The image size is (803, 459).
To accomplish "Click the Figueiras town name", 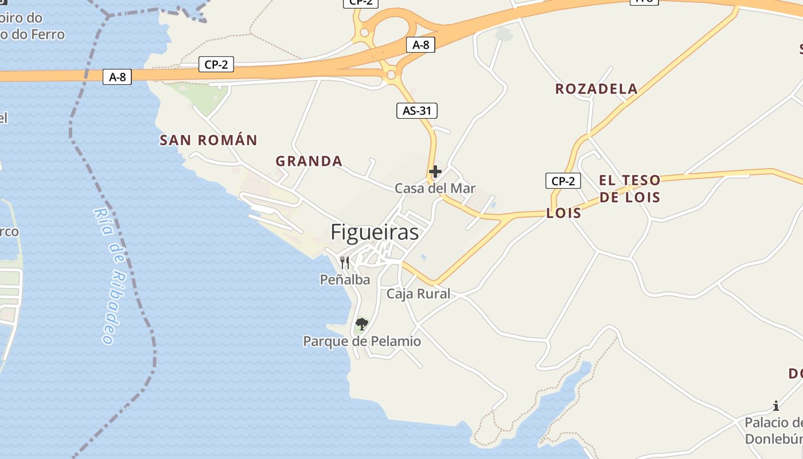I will [x=375, y=232].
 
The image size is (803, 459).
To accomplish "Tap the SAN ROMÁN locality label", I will [x=208, y=140].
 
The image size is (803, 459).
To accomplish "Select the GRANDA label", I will [x=309, y=161].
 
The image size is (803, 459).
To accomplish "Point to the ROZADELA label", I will [x=596, y=89].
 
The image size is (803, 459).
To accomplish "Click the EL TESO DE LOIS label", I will [x=630, y=189].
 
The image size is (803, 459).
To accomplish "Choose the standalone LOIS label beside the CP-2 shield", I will [x=563, y=213].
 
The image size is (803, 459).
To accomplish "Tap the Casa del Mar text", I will [x=435, y=188].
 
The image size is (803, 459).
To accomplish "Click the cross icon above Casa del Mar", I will [x=435, y=171].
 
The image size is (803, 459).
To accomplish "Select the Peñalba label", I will [x=345, y=279].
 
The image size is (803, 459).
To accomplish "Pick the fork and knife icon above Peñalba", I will [x=345, y=263].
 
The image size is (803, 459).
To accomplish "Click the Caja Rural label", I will [x=418, y=294].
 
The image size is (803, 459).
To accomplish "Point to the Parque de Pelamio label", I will [x=362, y=341].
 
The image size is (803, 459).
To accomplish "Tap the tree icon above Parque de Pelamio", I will [x=361, y=324].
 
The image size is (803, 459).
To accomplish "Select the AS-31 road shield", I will [x=417, y=111].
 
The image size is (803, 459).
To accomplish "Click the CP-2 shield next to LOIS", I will [x=563, y=181].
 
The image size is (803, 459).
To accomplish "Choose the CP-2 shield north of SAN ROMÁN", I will [x=216, y=64].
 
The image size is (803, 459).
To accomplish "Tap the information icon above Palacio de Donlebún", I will [x=776, y=406].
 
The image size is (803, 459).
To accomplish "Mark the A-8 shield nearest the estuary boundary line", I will [x=117, y=77].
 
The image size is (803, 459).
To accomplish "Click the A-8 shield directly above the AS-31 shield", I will [x=420, y=45].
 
